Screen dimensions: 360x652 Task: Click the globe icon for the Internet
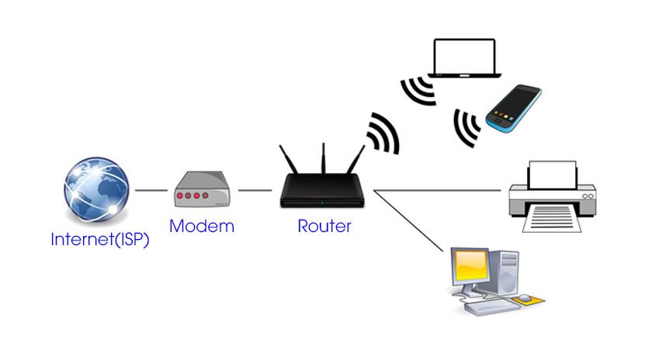click(95, 190)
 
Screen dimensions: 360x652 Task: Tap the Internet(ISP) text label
click(99, 239)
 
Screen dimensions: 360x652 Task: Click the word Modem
click(202, 227)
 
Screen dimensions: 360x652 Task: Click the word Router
click(324, 227)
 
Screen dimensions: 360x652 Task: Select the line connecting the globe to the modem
click(151, 190)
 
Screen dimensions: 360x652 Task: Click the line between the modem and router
click(255, 190)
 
